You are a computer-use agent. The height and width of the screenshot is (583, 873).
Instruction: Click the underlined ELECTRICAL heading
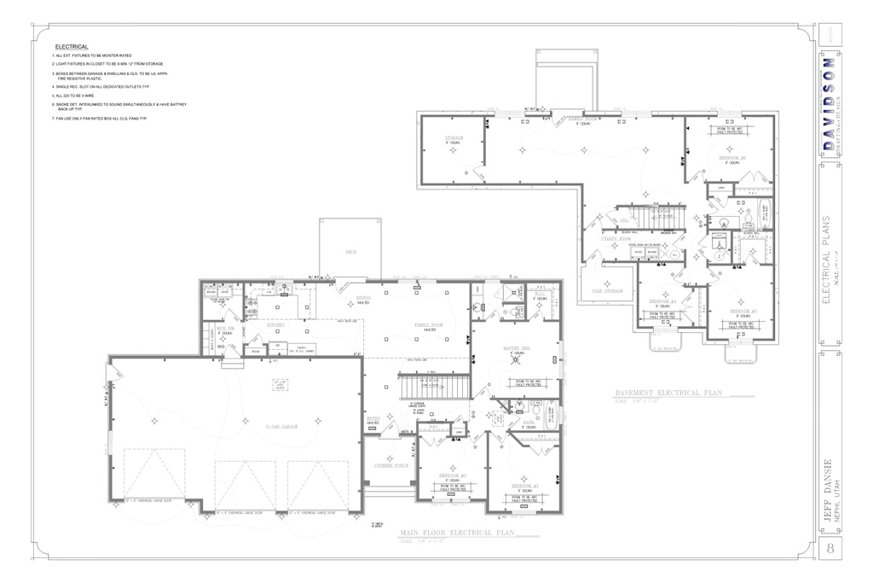[x=72, y=46]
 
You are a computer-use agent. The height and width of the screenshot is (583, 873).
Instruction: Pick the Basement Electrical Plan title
[x=668, y=394]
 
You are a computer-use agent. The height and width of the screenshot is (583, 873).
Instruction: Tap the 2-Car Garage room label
[x=280, y=425]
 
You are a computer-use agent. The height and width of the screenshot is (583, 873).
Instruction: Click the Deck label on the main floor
[x=350, y=252]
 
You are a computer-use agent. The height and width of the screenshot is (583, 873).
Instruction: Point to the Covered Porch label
[x=390, y=465]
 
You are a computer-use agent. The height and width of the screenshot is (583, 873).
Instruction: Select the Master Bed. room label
[x=514, y=348]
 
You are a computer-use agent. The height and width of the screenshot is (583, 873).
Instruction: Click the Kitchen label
[x=275, y=325]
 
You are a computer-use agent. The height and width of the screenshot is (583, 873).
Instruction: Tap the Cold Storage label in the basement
[x=608, y=291]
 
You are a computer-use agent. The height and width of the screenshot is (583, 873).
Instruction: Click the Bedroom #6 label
[x=731, y=158]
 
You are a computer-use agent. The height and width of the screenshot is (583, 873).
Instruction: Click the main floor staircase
[x=435, y=388]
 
